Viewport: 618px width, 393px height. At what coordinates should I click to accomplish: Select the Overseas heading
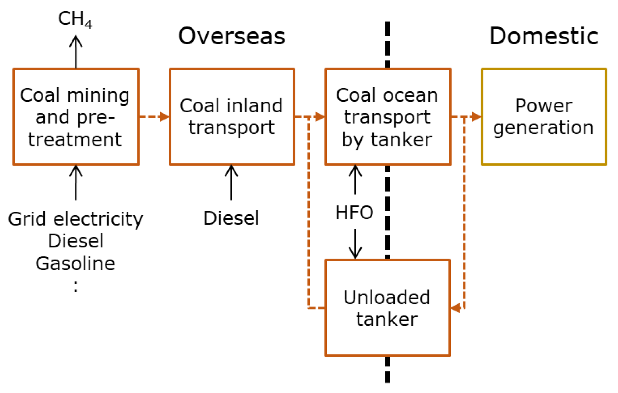[232, 36]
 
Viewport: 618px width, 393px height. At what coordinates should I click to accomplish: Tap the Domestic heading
[543, 36]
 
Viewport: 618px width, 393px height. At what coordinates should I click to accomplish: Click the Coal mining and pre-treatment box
[76, 117]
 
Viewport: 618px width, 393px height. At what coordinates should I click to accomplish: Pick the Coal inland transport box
[232, 117]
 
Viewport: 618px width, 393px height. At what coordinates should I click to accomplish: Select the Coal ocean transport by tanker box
[388, 117]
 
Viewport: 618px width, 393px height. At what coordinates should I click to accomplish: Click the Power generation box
[543, 117]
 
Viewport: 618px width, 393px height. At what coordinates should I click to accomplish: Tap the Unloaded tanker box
[388, 308]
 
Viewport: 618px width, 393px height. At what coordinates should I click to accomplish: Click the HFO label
[354, 212]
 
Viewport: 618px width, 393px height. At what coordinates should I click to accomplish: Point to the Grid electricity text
[76, 219]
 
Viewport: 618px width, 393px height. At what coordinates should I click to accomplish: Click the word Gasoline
[76, 263]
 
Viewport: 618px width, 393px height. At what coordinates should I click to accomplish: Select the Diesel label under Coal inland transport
[231, 218]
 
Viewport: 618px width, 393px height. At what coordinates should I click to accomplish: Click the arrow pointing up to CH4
[76, 52]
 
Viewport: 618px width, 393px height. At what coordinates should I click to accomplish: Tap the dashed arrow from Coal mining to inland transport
[154, 117]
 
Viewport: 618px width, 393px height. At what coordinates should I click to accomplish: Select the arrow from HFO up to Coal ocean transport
[355, 180]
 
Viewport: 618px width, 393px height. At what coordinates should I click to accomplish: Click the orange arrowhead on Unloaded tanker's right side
[456, 308]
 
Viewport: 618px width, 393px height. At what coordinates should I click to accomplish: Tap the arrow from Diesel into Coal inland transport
[231, 182]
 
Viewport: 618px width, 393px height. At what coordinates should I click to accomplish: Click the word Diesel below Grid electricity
[76, 241]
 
